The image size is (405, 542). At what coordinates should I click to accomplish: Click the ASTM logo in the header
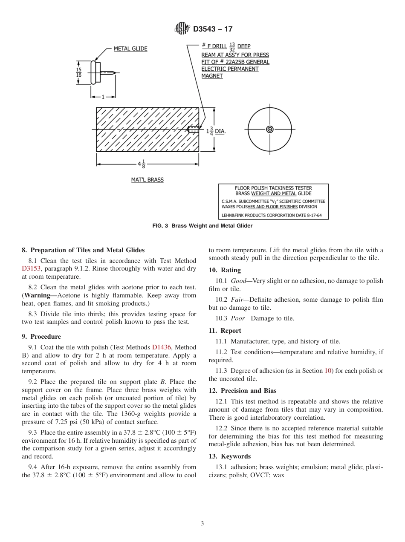[x=182, y=29]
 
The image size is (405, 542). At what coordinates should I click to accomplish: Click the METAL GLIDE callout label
[x=130, y=49]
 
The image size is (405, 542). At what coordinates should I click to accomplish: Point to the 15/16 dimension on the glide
[x=78, y=72]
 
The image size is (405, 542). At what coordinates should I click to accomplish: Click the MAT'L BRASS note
[x=147, y=180]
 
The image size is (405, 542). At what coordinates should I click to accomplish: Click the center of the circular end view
[x=269, y=130]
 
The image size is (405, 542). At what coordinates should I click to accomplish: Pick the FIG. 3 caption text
[x=202, y=226]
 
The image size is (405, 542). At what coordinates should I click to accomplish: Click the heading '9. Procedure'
[x=41, y=337]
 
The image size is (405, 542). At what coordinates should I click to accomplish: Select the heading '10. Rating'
[x=225, y=270]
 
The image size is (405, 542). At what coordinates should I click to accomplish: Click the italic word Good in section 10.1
[x=238, y=281]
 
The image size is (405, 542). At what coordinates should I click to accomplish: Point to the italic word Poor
[x=238, y=318]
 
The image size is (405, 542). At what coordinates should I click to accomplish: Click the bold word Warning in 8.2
[x=40, y=295]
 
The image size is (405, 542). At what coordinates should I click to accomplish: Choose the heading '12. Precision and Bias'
[x=243, y=391]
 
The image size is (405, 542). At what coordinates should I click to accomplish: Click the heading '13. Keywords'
[x=230, y=456]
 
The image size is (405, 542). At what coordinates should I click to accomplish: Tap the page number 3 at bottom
[x=202, y=524]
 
